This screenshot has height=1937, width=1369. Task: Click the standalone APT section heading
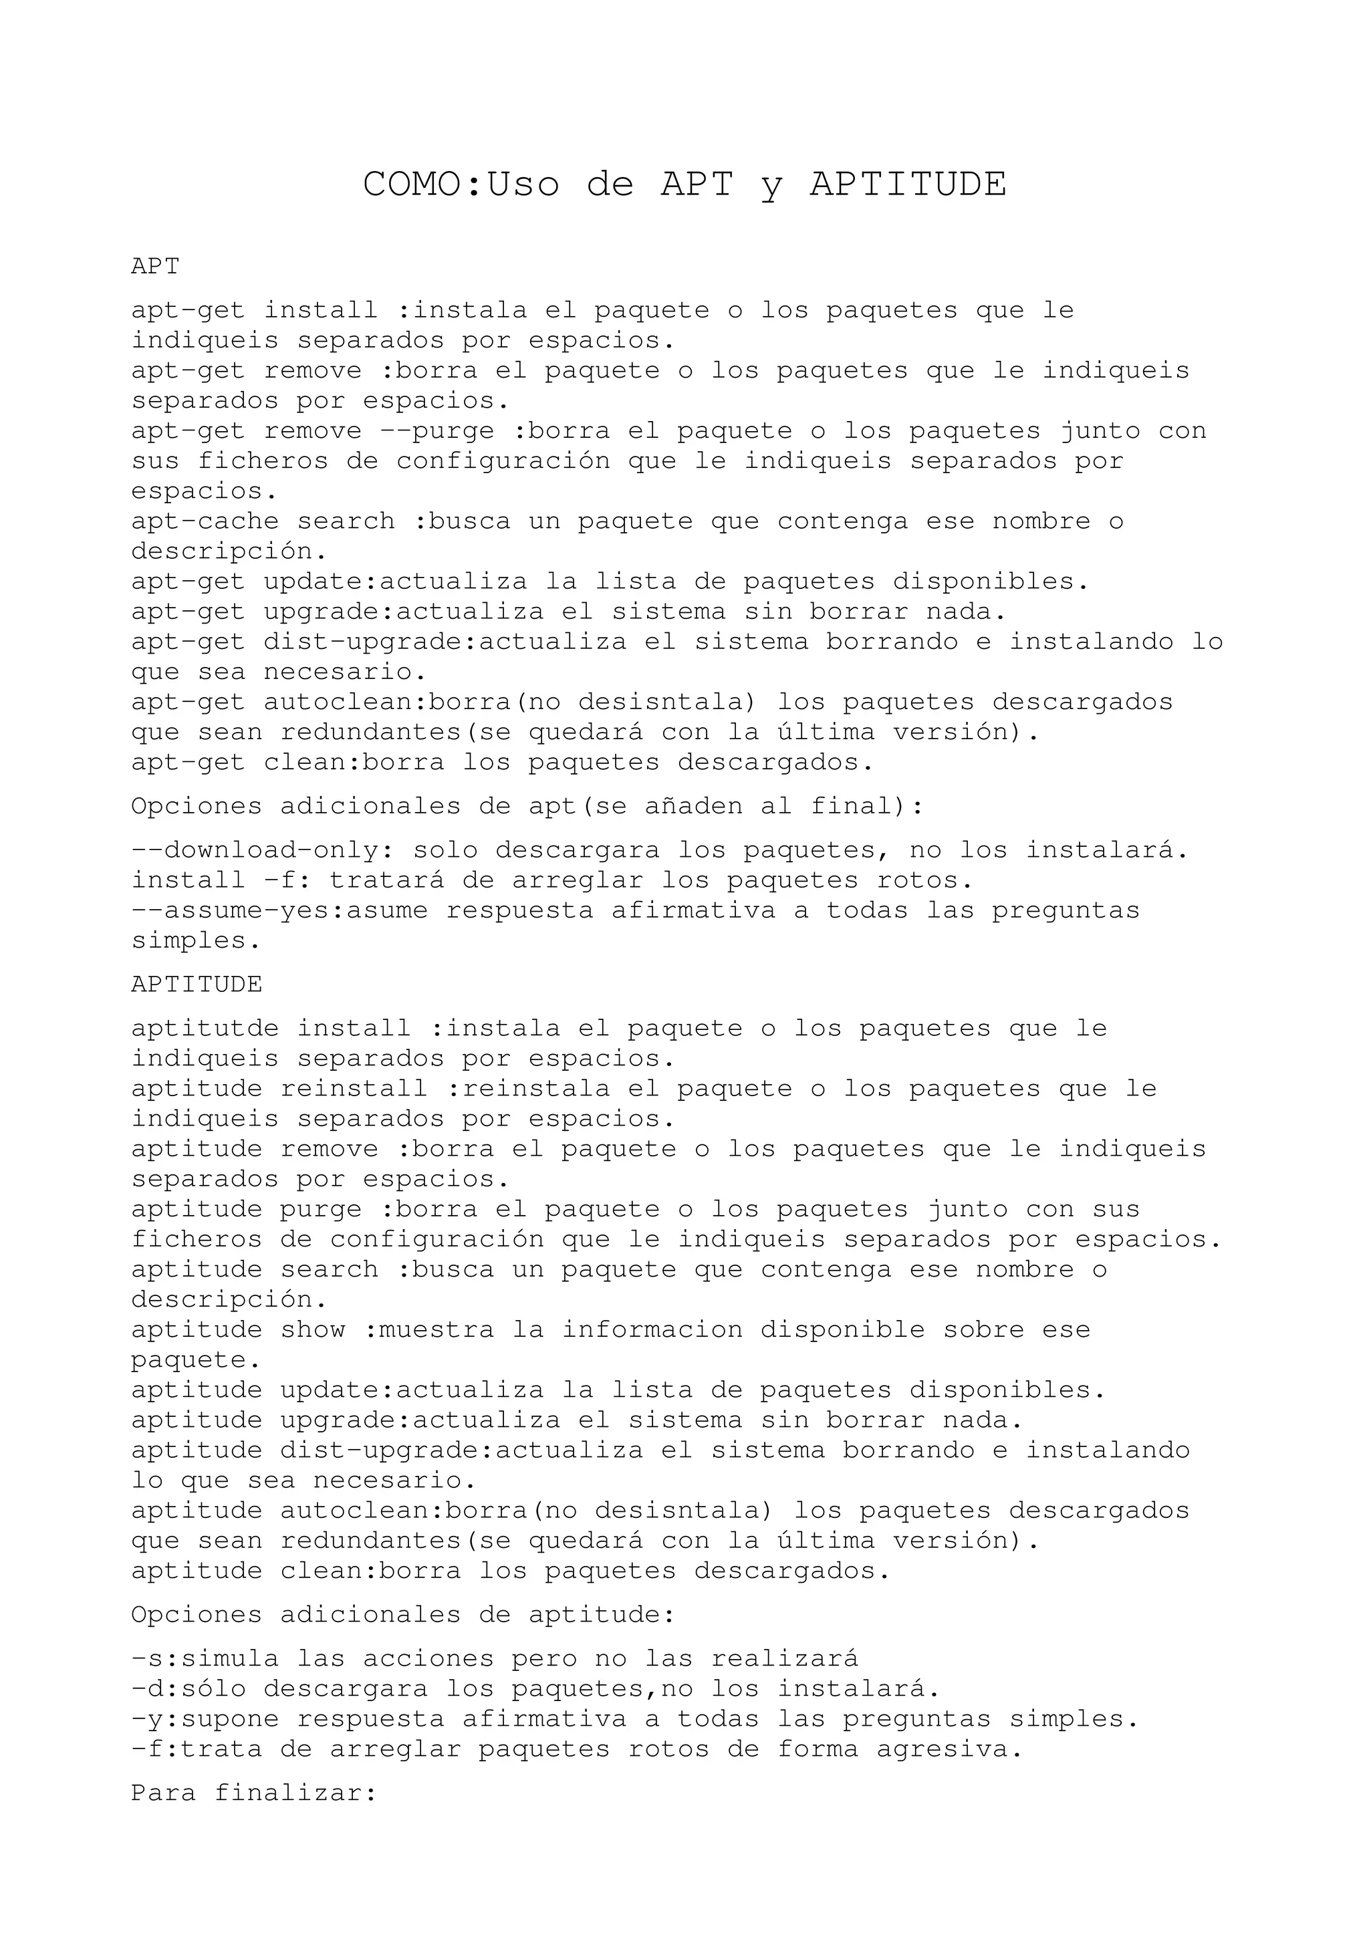[x=155, y=267]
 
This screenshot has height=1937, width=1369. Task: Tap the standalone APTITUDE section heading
[x=197, y=985]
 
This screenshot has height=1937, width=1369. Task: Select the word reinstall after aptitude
[x=354, y=1089]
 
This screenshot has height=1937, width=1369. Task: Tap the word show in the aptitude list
[x=313, y=1330]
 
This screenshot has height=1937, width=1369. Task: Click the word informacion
[x=652, y=1330]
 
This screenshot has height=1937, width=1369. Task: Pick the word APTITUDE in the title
[x=908, y=184]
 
